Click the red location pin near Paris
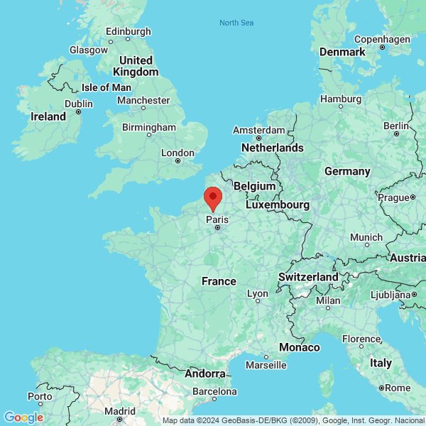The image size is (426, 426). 212,197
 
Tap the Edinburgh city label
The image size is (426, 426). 128,31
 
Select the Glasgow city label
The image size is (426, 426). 88,50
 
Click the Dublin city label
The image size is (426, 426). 78,104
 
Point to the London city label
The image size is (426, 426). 177,153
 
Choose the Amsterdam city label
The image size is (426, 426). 259,131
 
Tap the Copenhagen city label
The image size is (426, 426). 381,39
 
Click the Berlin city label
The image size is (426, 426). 396,125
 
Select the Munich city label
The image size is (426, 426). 366,237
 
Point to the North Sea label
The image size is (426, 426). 236,23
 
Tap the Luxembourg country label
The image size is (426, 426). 278,204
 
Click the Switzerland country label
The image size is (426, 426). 308,276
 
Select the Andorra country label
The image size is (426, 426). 205,373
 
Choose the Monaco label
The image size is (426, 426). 299,347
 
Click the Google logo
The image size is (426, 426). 23,417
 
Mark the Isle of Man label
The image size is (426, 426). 106,87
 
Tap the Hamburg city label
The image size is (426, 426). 341,99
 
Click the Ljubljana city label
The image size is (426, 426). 391,294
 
